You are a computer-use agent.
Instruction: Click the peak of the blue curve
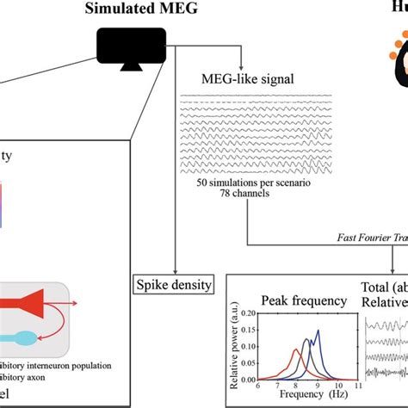point(318,331)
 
